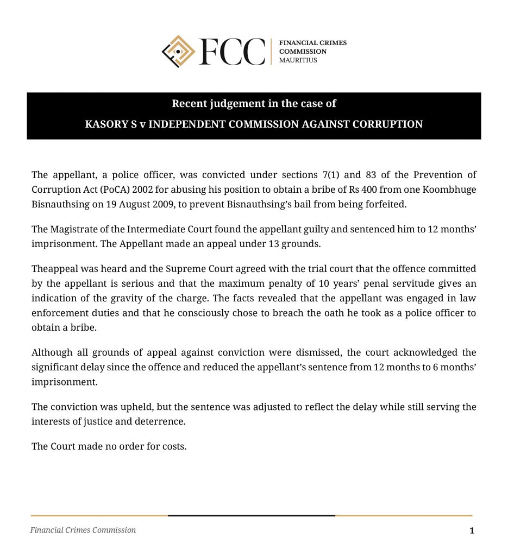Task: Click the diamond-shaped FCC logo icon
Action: [x=179, y=52]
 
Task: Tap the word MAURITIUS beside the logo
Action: [x=298, y=60]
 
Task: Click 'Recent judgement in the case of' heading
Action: [x=254, y=103]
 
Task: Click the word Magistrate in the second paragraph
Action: [x=74, y=229]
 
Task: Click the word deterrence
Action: [x=164, y=421]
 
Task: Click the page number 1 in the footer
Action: [x=472, y=530]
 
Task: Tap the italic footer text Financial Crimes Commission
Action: [x=83, y=530]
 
